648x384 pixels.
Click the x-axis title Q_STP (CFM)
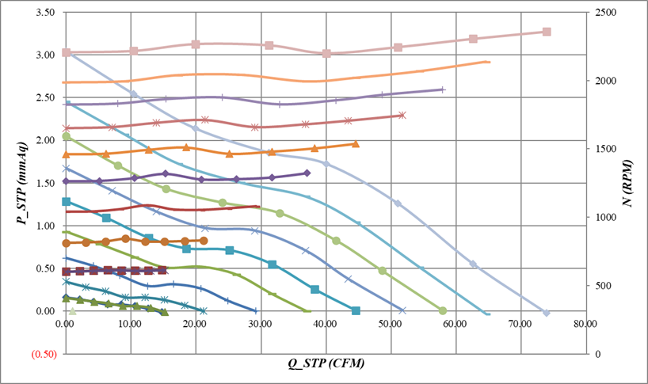tap(326, 363)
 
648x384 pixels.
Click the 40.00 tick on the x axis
tap(326, 324)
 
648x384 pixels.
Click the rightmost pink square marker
tap(547, 32)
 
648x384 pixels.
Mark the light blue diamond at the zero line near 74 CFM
tap(546, 313)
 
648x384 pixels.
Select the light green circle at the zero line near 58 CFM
tap(442, 310)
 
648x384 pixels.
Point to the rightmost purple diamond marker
tap(307, 173)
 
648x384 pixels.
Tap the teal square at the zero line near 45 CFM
tap(356, 310)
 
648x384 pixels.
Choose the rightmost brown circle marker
tap(204, 240)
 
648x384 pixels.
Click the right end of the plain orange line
tap(490, 62)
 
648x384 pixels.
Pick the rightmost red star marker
tap(402, 116)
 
